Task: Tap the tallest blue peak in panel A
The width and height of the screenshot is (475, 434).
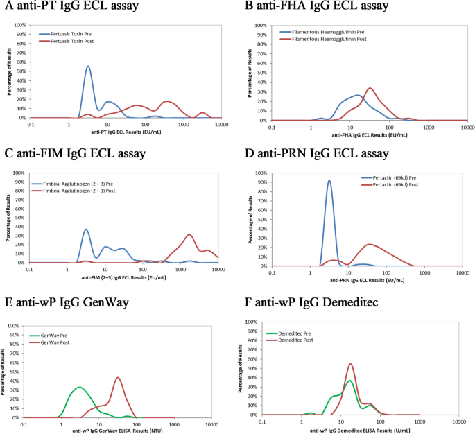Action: click(x=88, y=67)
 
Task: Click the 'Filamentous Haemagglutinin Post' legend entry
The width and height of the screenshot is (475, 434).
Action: click(x=332, y=39)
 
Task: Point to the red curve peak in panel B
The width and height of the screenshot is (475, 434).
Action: click(x=370, y=88)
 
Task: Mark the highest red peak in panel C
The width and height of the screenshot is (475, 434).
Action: click(x=189, y=234)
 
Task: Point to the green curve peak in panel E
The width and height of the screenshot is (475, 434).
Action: click(x=80, y=387)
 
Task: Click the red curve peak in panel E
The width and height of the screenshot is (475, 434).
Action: click(x=118, y=378)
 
